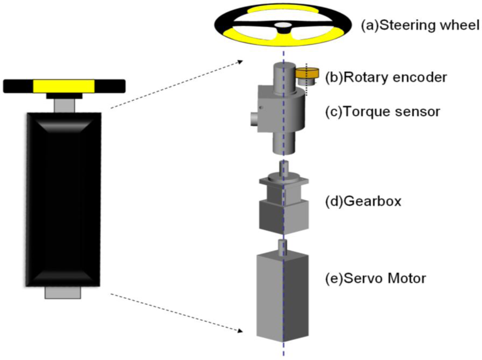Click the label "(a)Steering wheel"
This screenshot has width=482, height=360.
coord(420,25)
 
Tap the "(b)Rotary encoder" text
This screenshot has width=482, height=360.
coord(389,77)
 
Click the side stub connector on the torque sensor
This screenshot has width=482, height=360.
coord(254,118)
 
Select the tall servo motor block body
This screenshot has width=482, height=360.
coord(282,299)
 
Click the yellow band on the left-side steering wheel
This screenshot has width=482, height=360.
coord(64,86)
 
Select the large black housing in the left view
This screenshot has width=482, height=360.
coord(64,199)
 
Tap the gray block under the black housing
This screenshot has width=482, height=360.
coord(63,292)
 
